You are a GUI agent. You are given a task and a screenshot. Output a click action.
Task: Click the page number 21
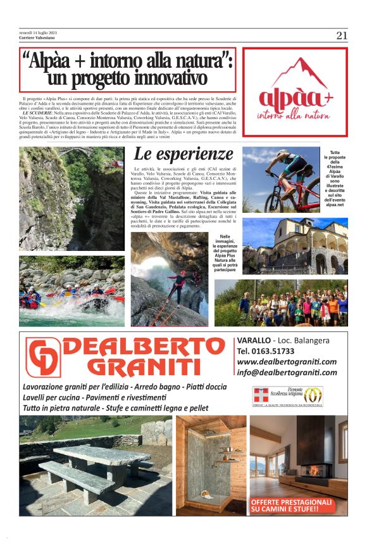(342, 36)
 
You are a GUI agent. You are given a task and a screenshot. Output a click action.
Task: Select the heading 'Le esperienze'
(183, 153)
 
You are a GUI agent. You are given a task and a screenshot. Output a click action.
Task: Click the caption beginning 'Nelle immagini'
(227, 256)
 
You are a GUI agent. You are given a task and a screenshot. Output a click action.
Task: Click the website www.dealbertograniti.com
(287, 361)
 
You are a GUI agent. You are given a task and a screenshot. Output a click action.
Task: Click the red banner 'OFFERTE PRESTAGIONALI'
(291, 505)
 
